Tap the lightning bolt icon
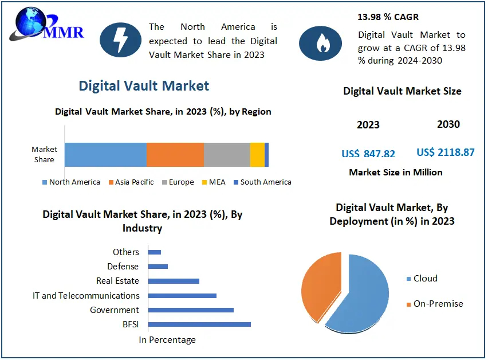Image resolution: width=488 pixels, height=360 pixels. [x=121, y=40]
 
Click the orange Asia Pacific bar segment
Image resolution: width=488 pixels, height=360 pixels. [x=175, y=155]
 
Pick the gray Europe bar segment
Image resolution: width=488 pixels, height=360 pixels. [x=227, y=155]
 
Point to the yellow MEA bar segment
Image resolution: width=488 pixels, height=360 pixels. [x=257, y=155]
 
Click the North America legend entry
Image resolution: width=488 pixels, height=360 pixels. [x=71, y=182]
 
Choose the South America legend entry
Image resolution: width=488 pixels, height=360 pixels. [x=262, y=182]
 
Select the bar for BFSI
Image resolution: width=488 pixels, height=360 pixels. [x=199, y=324]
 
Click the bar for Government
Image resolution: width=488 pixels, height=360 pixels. [x=190, y=310]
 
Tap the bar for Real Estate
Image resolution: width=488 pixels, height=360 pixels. [x=173, y=281]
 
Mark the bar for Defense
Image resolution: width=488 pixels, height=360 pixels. [x=158, y=267]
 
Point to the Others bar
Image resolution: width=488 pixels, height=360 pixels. [x=154, y=252]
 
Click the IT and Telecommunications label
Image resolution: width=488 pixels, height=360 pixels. [x=86, y=296]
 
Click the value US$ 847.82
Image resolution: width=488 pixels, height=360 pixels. [x=368, y=154]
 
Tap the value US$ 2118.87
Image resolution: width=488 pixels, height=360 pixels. [x=446, y=152]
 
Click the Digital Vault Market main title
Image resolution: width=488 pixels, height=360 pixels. [x=144, y=86]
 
